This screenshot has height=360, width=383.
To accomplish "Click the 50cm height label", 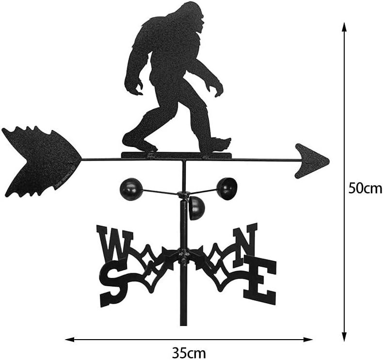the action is point(365,187).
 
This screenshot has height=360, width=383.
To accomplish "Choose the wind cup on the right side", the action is point(227,188).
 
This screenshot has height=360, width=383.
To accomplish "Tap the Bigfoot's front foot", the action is point(218,145).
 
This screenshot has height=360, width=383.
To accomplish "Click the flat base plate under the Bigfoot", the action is point(177,155).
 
